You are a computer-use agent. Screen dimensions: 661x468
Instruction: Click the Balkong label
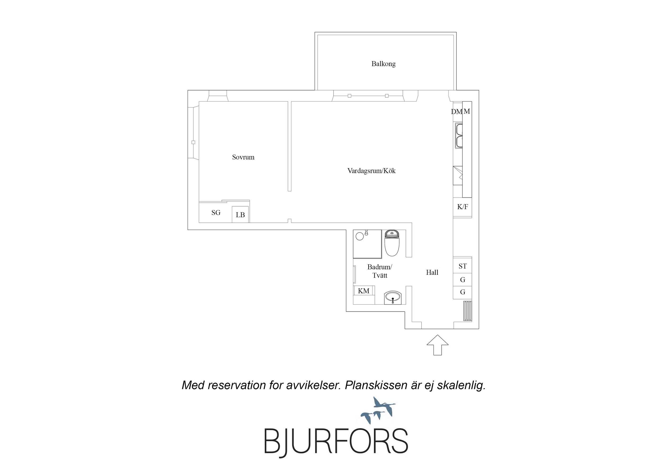coord(384,64)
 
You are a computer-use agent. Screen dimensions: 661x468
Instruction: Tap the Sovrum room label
coord(243,157)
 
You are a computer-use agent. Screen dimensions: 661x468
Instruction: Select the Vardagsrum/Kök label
coord(371,171)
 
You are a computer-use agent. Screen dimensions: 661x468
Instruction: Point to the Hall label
coord(432,272)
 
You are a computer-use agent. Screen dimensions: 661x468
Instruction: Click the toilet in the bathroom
coord(392,243)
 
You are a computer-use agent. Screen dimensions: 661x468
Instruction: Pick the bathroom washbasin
coord(393,297)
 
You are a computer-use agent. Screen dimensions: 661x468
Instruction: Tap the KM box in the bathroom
coord(364,291)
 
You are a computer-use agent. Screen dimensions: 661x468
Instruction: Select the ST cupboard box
coord(462,266)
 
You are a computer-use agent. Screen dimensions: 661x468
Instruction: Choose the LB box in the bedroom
coord(240,215)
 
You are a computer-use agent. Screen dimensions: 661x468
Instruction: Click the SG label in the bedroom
coord(216,212)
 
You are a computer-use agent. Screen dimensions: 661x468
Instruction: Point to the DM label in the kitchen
coord(456,112)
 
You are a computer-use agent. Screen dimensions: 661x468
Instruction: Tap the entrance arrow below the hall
coord(437,345)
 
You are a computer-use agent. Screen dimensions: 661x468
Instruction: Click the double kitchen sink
coord(459,136)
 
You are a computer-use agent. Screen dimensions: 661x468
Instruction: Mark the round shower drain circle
coord(359,237)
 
